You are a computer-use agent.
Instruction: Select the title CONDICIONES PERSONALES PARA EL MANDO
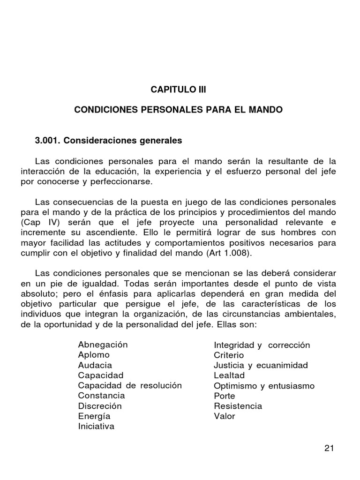pyautogui.click(x=179, y=111)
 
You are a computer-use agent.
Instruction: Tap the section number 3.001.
pyautogui.click(x=48, y=140)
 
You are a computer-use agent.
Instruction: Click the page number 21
pyautogui.click(x=329, y=448)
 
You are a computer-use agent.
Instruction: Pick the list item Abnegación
pyautogui.click(x=103, y=345)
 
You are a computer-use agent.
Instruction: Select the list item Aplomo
pyautogui.click(x=94, y=355)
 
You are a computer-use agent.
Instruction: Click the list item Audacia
pyautogui.click(x=95, y=365)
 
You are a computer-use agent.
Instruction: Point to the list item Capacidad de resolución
pyautogui.click(x=130, y=386)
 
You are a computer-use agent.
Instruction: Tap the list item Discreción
pyautogui.click(x=100, y=406)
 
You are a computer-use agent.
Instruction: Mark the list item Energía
pyautogui.click(x=94, y=416)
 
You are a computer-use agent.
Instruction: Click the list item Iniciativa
pyautogui.click(x=96, y=427)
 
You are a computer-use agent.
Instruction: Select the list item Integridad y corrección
pyautogui.click(x=262, y=345)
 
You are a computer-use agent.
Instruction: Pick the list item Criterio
pyautogui.click(x=229, y=355)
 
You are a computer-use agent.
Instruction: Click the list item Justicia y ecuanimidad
pyautogui.click(x=261, y=365)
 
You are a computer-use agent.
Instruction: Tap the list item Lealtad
pyautogui.click(x=229, y=375)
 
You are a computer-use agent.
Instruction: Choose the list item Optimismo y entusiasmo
pyautogui.click(x=264, y=386)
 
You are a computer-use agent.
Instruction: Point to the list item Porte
pyautogui.click(x=225, y=396)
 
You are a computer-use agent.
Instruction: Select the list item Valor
pyautogui.click(x=225, y=416)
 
